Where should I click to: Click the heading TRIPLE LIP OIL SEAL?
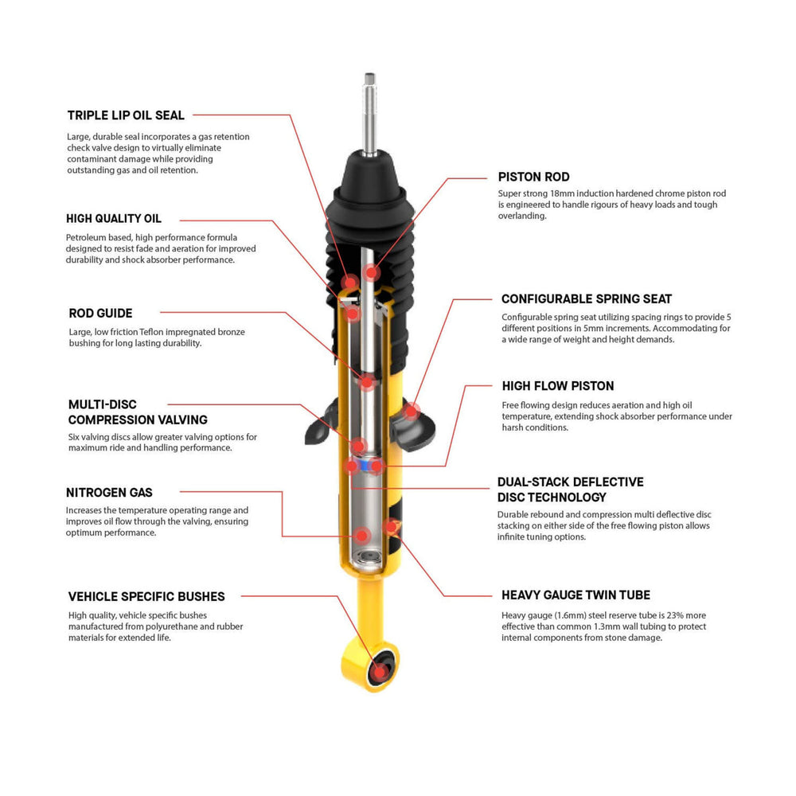[x=126, y=115]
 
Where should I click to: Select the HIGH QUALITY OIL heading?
[x=114, y=219]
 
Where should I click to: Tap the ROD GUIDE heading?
[x=100, y=314]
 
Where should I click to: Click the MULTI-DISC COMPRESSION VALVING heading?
[x=138, y=412]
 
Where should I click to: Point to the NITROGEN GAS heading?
[x=110, y=493]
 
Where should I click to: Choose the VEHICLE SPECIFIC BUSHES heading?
[x=146, y=596]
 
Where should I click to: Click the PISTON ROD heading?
[x=533, y=177]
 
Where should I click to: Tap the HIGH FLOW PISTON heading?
[x=557, y=386]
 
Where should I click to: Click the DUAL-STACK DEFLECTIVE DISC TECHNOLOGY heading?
[x=570, y=490]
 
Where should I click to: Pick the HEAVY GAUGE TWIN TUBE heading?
[x=576, y=595]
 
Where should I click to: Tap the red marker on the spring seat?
[x=411, y=412]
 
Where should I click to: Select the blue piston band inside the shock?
[x=365, y=465]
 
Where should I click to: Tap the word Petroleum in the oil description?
[x=86, y=237]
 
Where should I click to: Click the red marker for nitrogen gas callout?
[x=362, y=535]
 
